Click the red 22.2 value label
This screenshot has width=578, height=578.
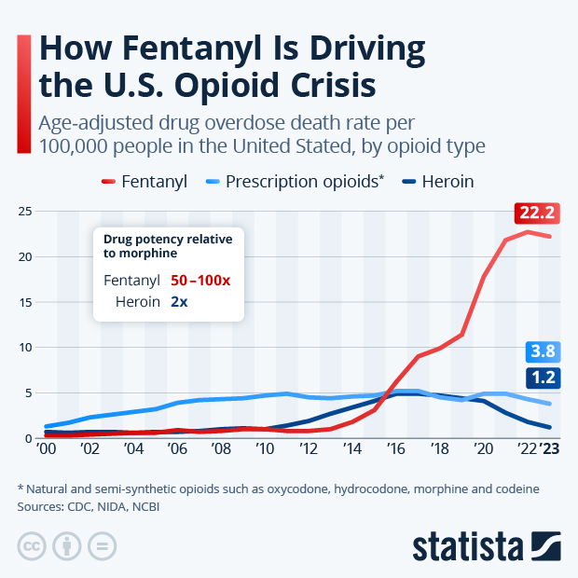[x=536, y=213]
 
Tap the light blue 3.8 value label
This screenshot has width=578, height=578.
[x=542, y=351]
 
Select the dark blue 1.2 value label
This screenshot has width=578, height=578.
[x=542, y=378]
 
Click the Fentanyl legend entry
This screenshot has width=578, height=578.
[x=144, y=181]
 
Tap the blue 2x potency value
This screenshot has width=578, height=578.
[x=180, y=301]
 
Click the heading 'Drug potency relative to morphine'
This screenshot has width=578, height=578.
[x=167, y=246]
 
